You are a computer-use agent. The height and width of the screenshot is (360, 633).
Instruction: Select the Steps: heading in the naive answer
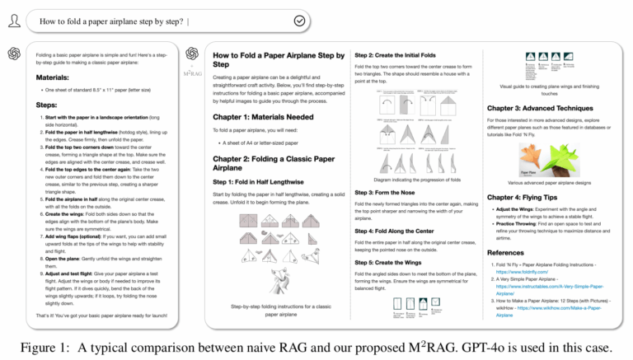(x=46, y=105)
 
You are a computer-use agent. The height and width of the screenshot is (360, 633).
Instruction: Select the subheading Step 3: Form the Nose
(x=388, y=190)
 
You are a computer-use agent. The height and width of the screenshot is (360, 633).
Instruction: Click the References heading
(x=509, y=252)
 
